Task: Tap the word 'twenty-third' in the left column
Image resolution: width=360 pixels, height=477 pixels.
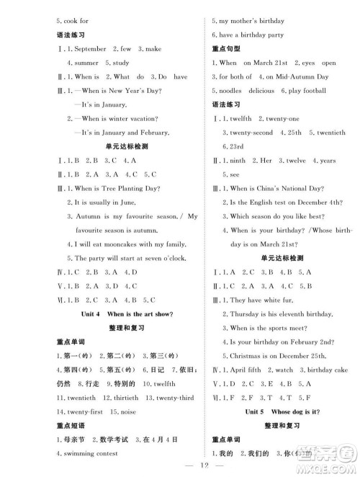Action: (173, 397)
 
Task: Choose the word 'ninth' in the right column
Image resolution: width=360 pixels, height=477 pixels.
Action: (237, 160)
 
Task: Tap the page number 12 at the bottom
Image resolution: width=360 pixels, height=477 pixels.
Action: (180, 468)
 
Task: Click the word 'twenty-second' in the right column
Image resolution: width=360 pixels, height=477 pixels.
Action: (248, 133)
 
